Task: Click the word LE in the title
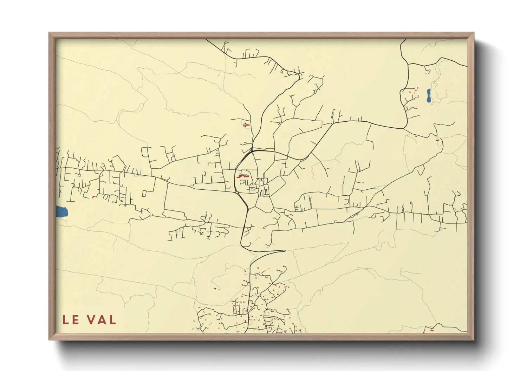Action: pyautogui.click(x=71, y=320)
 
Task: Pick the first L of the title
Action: pyautogui.click(x=66, y=320)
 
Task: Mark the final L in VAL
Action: pyautogui.click(x=112, y=320)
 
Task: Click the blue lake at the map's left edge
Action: pyautogui.click(x=61, y=211)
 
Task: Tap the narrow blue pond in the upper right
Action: pyautogui.click(x=429, y=95)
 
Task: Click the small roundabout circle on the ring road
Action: pyautogui.click(x=237, y=192)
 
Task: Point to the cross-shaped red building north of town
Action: pyautogui.click(x=246, y=124)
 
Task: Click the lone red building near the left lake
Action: pyautogui.click(x=93, y=197)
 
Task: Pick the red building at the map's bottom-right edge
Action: pyautogui.click(x=432, y=330)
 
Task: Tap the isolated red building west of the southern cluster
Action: pyautogui.click(x=215, y=288)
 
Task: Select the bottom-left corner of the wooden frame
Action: pyautogui.click(x=50, y=339)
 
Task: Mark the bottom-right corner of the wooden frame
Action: pyautogui.click(x=474, y=339)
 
